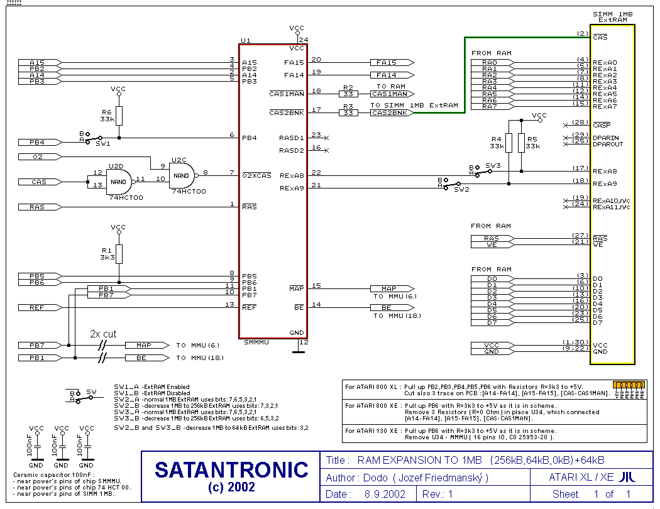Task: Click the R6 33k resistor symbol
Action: (x=119, y=116)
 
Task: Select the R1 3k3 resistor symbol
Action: (x=119, y=255)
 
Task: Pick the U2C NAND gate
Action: (x=180, y=175)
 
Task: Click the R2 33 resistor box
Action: (x=348, y=94)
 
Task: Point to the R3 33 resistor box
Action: (x=348, y=112)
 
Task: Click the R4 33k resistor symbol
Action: (x=508, y=143)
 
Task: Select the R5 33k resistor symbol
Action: (x=521, y=143)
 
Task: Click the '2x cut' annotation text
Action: (x=104, y=334)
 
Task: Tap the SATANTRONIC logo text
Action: (x=231, y=470)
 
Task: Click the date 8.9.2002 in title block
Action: (x=385, y=495)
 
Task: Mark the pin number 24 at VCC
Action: (x=304, y=40)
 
